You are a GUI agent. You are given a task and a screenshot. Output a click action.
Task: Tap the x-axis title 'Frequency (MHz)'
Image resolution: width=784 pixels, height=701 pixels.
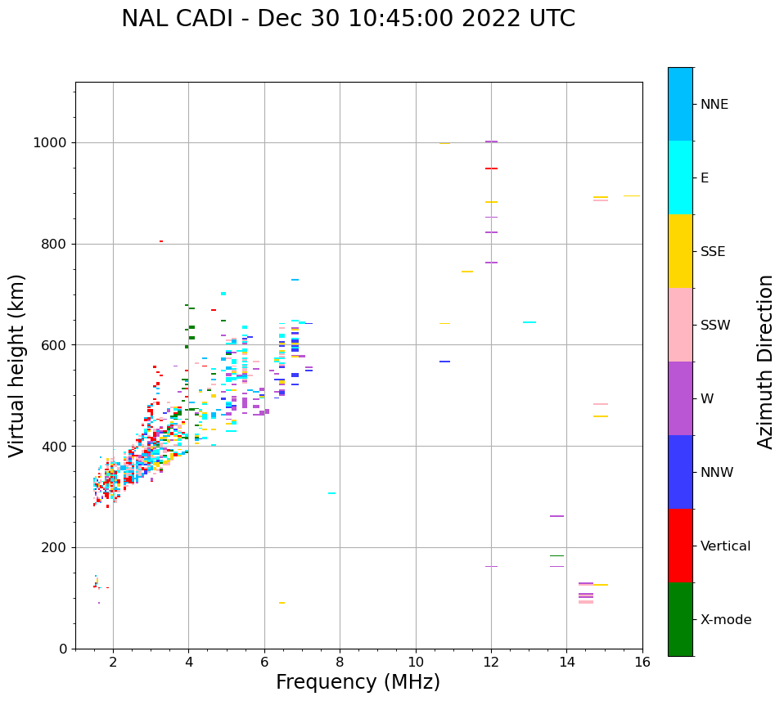click(x=358, y=682)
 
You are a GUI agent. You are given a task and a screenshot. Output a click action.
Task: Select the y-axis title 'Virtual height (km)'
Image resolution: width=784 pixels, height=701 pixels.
click(x=17, y=366)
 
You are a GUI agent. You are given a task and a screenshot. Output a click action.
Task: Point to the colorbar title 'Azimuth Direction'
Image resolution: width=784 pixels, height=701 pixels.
click(x=765, y=362)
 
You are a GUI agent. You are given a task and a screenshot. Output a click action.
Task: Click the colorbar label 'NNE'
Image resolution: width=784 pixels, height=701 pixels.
click(x=714, y=105)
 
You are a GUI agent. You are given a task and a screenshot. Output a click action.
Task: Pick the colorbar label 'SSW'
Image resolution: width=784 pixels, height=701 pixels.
click(x=714, y=326)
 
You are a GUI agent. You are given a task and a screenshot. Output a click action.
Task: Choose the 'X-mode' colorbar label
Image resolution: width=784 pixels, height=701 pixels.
click(x=725, y=620)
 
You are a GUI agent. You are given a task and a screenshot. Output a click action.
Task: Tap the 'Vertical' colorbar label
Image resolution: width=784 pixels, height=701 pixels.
click(x=725, y=546)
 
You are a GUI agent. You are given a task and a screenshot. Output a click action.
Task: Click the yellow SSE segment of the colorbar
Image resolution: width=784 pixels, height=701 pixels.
click(x=680, y=251)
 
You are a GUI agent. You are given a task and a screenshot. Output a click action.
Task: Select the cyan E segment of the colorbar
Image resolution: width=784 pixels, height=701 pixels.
click(x=680, y=177)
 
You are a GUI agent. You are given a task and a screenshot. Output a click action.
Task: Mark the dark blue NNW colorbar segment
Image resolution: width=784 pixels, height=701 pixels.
click(x=680, y=472)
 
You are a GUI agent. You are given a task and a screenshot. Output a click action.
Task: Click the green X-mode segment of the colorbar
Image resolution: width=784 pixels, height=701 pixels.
click(x=680, y=619)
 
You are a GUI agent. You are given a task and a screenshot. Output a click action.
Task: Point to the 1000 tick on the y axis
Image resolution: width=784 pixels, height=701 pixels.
click(x=51, y=142)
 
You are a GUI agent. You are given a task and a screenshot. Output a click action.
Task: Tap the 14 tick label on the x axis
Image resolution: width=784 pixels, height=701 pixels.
click(x=567, y=661)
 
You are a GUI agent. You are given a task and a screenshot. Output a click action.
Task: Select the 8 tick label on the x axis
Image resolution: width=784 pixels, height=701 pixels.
click(x=340, y=661)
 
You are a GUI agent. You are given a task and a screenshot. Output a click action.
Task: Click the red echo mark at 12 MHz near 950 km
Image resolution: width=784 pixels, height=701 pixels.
click(x=491, y=169)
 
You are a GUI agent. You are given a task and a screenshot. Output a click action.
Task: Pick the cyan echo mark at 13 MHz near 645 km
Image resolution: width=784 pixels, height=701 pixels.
click(x=529, y=322)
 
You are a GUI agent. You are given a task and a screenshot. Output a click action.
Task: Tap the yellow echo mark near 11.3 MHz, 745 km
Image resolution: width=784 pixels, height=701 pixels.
click(x=467, y=272)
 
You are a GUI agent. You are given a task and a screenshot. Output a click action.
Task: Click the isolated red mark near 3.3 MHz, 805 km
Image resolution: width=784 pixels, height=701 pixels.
click(x=161, y=241)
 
